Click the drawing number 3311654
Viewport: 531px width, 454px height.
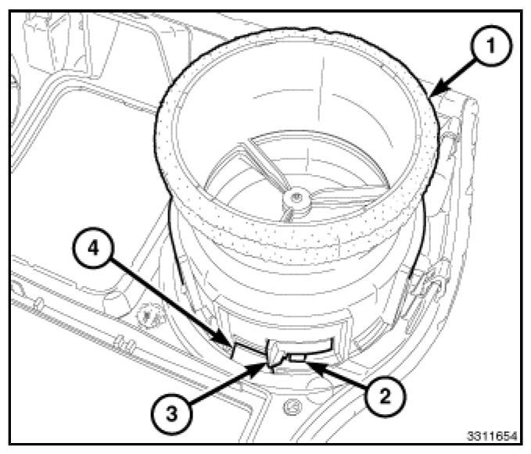[490, 434]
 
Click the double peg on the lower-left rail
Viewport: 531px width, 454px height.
[120, 341]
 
